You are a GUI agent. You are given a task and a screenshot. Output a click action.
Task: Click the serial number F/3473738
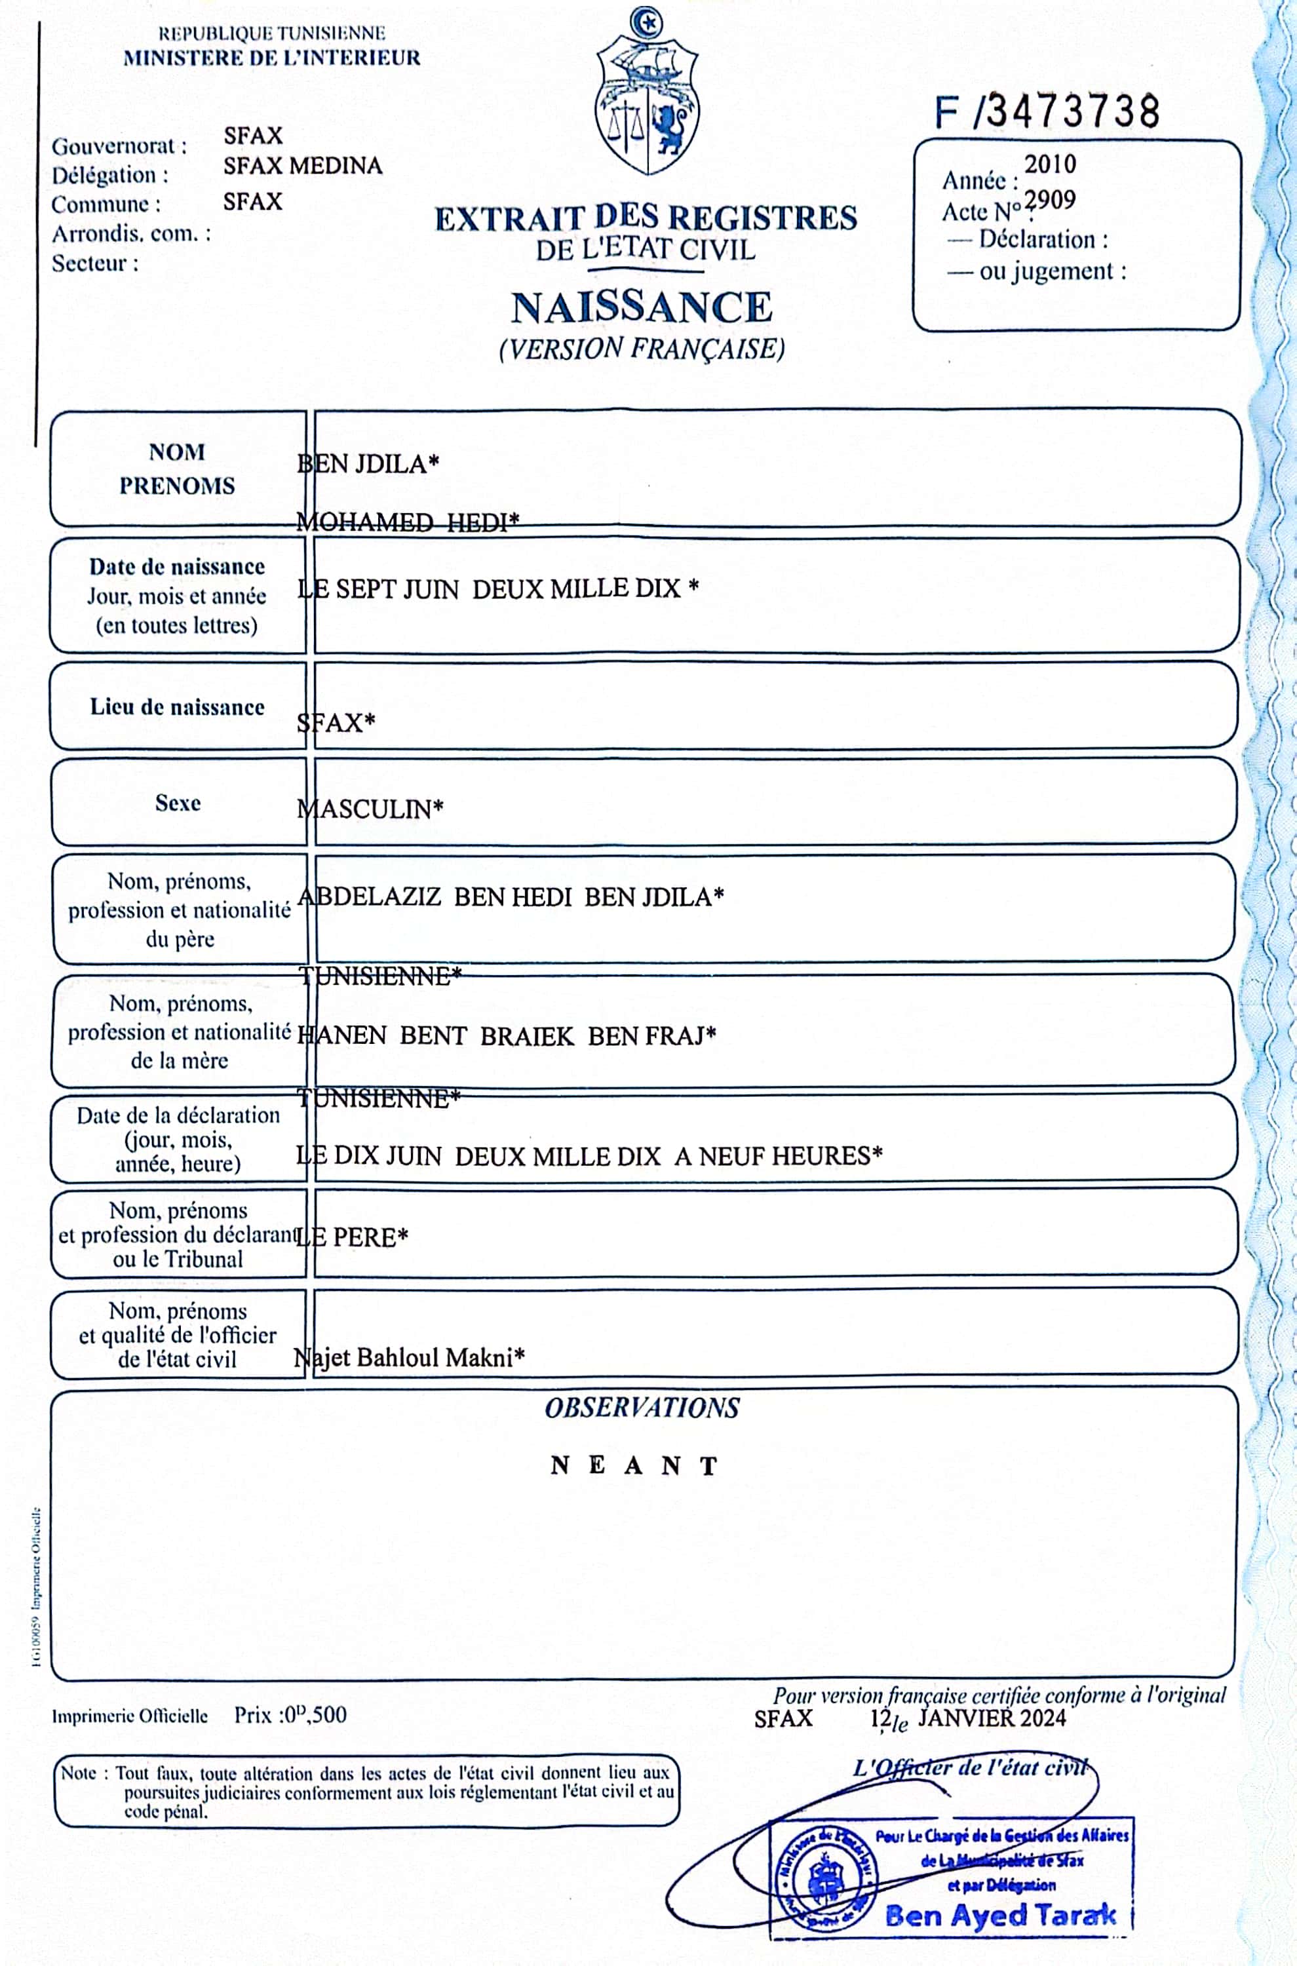point(1047,111)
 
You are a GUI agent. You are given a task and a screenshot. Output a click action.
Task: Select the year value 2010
point(1050,164)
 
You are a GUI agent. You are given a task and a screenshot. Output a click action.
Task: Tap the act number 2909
point(1050,200)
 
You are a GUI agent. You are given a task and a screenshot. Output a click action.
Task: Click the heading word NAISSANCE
point(642,307)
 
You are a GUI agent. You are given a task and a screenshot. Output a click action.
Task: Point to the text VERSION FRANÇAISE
point(642,348)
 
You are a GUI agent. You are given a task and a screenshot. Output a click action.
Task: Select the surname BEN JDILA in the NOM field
point(367,463)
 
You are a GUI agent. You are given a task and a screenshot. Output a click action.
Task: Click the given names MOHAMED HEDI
point(407,522)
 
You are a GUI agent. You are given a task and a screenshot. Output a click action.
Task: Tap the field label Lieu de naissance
point(177,707)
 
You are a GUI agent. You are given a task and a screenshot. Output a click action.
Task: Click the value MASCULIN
point(370,808)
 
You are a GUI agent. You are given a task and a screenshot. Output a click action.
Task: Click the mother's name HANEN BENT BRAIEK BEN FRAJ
point(506,1035)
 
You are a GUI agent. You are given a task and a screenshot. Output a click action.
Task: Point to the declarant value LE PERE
point(353,1237)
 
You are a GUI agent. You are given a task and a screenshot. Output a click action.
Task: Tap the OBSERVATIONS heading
point(642,1408)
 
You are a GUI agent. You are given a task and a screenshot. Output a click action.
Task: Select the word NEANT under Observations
point(634,1465)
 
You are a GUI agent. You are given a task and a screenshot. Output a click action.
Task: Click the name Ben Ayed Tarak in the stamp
point(1000,1915)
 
